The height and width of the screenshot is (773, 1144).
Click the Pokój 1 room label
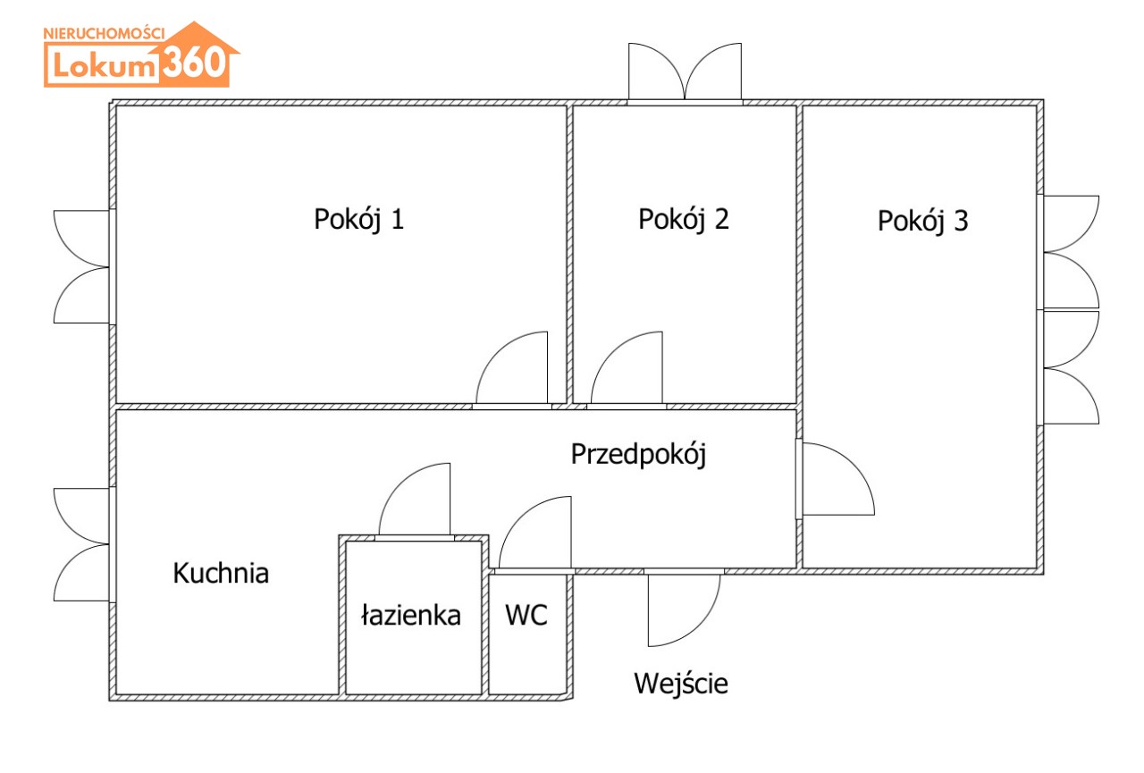click(358, 220)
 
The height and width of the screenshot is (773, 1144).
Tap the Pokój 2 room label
click(683, 220)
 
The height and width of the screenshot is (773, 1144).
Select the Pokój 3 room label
click(922, 221)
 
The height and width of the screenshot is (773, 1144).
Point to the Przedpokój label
click(638, 455)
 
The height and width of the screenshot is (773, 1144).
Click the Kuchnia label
click(221, 573)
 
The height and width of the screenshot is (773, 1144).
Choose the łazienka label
click(411, 615)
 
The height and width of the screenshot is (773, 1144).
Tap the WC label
click(526, 615)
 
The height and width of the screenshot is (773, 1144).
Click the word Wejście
click(681, 684)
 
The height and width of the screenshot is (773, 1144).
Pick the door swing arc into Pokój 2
click(627, 368)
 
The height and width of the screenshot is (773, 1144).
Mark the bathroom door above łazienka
click(416, 500)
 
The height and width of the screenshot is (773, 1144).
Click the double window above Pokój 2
click(685, 73)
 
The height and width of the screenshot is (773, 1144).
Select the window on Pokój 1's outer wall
click(82, 266)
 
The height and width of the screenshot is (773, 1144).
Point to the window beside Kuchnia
click(82, 544)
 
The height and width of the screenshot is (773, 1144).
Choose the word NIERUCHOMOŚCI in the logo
click(104, 32)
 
